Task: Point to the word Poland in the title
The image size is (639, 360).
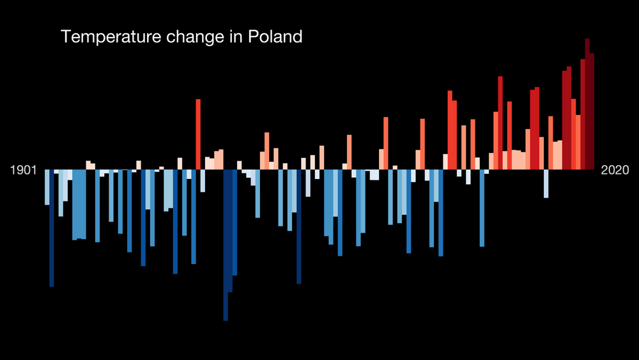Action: click(x=276, y=37)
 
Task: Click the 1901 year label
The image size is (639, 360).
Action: click(x=24, y=170)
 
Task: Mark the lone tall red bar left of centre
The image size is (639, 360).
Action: click(x=198, y=134)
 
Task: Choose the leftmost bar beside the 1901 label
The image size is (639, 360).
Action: click(x=47, y=187)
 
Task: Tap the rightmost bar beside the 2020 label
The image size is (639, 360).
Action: click(x=592, y=112)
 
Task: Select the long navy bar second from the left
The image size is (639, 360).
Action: click(x=52, y=227)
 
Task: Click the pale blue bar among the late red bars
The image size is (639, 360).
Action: click(x=546, y=184)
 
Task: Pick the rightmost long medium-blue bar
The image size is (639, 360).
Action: click(x=482, y=207)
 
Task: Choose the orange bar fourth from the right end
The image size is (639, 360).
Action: click(x=578, y=142)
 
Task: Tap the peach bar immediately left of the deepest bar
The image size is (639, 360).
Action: click(x=221, y=159)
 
